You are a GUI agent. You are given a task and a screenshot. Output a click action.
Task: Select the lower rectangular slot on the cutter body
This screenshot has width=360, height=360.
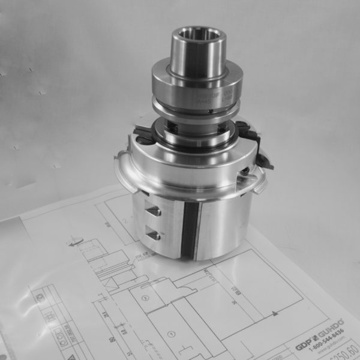[x=153, y=235]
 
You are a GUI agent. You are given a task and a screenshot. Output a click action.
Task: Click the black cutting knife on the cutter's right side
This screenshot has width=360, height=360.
[x=259, y=145]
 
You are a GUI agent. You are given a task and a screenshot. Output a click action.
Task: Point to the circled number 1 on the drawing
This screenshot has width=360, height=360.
[x=172, y=334]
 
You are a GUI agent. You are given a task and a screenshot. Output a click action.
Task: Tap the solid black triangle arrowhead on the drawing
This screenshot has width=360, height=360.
[x=274, y=313]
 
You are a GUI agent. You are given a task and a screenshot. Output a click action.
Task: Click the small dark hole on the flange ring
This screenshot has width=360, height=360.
[x=211, y=112]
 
